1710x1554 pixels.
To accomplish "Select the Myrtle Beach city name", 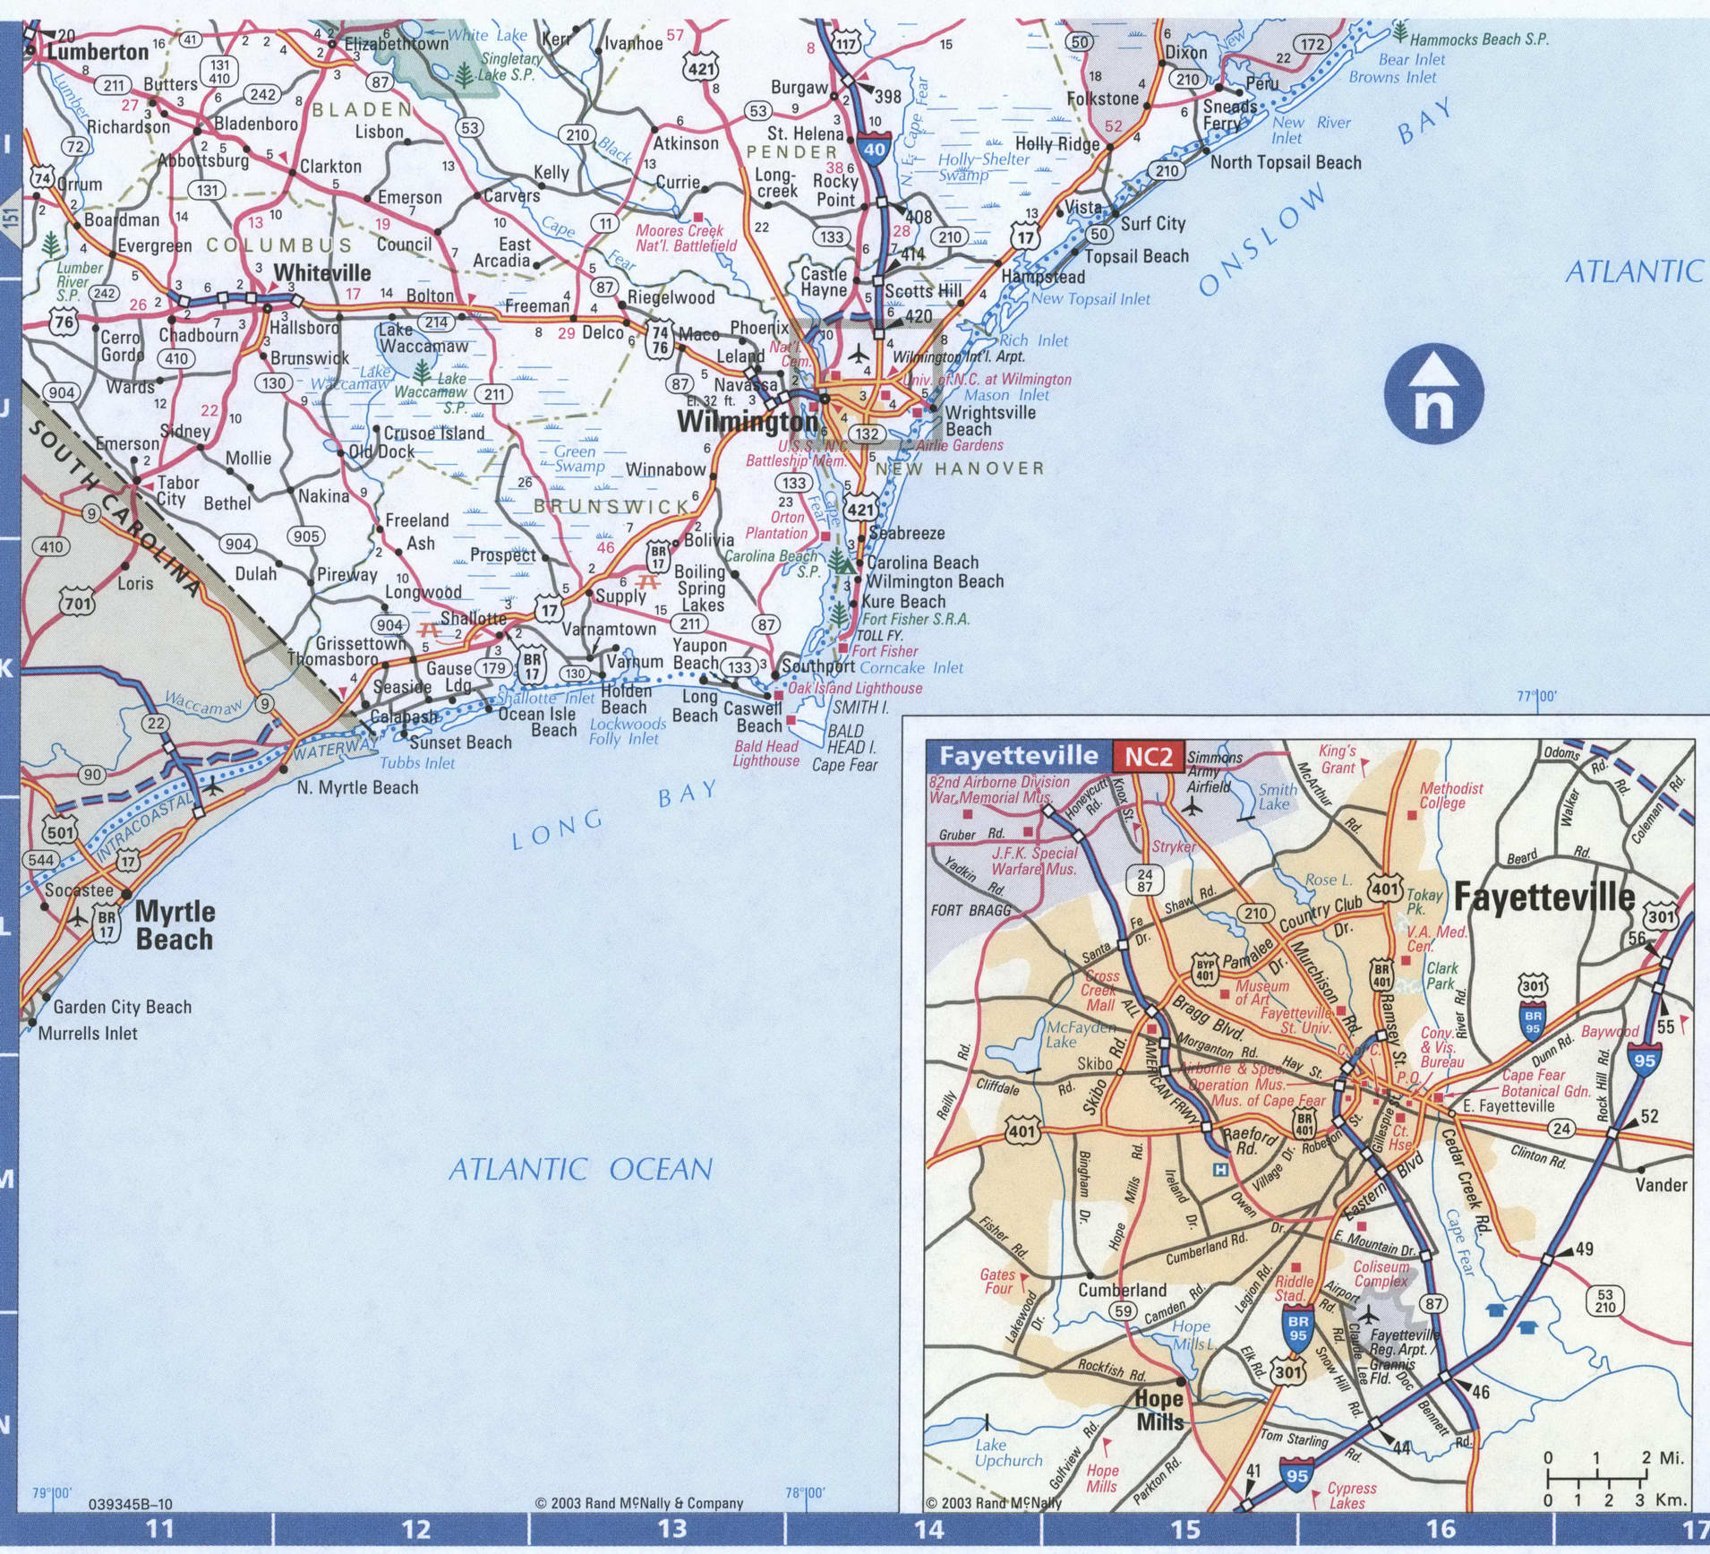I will pyautogui.click(x=175, y=925).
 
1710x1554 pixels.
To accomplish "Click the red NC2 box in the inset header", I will pyautogui.click(x=1148, y=756).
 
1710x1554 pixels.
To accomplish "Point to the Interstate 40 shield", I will pyautogui.click(x=875, y=150).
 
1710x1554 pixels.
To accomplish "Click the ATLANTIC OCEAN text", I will pyautogui.click(x=580, y=1169).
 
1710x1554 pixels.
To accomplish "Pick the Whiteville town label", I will pyautogui.click(x=321, y=272).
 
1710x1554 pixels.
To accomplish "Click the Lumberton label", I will pyautogui.click(x=98, y=52).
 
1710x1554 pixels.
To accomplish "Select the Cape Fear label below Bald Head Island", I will pyautogui.click(x=844, y=765).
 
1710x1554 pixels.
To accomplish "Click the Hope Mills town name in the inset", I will pyautogui.click(x=1159, y=1410).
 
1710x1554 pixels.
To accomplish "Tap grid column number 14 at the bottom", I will pyautogui.click(x=928, y=1528).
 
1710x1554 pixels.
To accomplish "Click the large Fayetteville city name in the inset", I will pyautogui.click(x=1543, y=897).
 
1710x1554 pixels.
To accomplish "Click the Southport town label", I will pyautogui.click(x=818, y=667).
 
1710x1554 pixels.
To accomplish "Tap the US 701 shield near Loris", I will pyautogui.click(x=77, y=603).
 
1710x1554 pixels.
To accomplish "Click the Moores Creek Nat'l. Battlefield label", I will pyautogui.click(x=686, y=237).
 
